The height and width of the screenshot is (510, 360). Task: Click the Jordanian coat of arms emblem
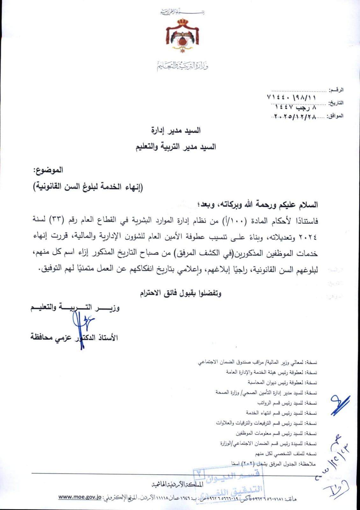pyautogui.click(x=182, y=36)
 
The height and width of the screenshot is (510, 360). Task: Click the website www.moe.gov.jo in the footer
pyautogui.click(x=80, y=497)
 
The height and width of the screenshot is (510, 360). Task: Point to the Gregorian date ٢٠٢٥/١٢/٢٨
pyautogui.click(x=295, y=117)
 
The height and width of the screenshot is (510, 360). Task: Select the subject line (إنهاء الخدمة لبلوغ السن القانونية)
pyautogui.click(x=88, y=187)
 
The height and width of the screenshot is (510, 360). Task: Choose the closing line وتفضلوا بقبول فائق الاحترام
pyautogui.click(x=181, y=293)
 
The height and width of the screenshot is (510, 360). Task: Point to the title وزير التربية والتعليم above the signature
pyautogui.click(x=75, y=308)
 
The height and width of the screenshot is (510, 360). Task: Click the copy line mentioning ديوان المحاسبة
pyautogui.click(x=282, y=382)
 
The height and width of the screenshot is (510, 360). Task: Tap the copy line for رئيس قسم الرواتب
pyautogui.click(x=287, y=403)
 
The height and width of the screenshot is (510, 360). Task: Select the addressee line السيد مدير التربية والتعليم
pyautogui.click(x=176, y=147)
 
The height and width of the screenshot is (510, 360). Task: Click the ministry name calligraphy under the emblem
pyautogui.click(x=183, y=66)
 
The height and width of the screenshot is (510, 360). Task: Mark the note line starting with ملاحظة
pyautogui.click(x=273, y=464)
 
